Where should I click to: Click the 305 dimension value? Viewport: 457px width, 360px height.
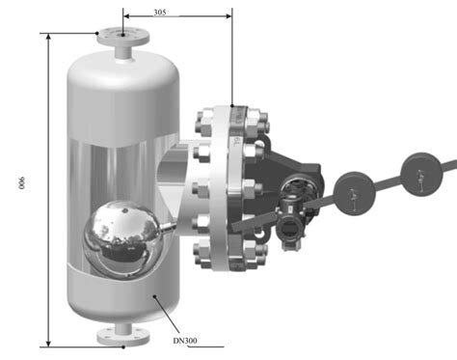[x=167, y=14]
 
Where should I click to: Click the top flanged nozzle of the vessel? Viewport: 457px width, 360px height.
[x=123, y=42]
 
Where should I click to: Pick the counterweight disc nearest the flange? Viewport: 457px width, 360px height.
[x=351, y=185]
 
